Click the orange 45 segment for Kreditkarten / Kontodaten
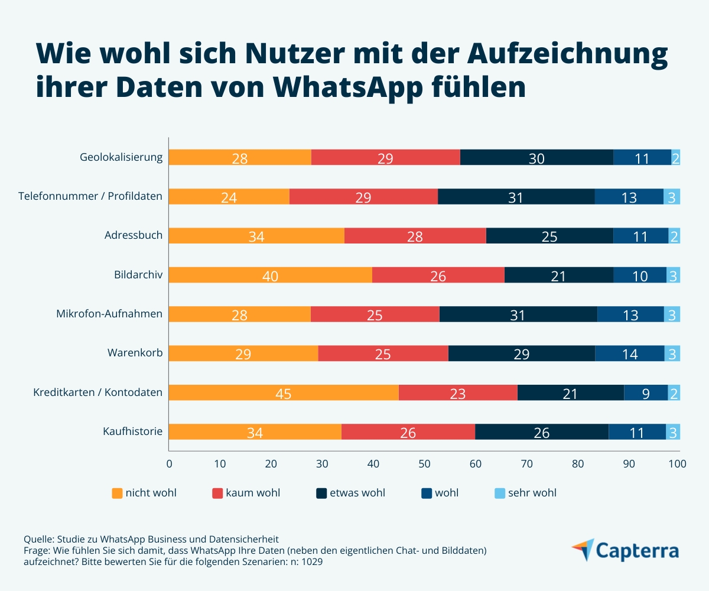coord(284,393)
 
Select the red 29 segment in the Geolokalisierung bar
coord(385,158)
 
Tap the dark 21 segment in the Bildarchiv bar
coord(558,275)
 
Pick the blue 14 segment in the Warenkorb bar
coord(629,353)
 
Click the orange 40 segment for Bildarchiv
coord(270,275)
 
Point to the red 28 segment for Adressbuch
coord(415,236)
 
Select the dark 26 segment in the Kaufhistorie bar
coord(541,432)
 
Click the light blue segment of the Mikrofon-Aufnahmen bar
coord(672,314)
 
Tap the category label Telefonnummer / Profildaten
coord(90,196)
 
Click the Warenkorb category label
coord(135,353)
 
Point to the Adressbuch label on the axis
coord(133,235)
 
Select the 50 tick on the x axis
coord(424,464)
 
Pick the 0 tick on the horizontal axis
coord(170,464)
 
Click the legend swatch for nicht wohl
coord(117,493)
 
